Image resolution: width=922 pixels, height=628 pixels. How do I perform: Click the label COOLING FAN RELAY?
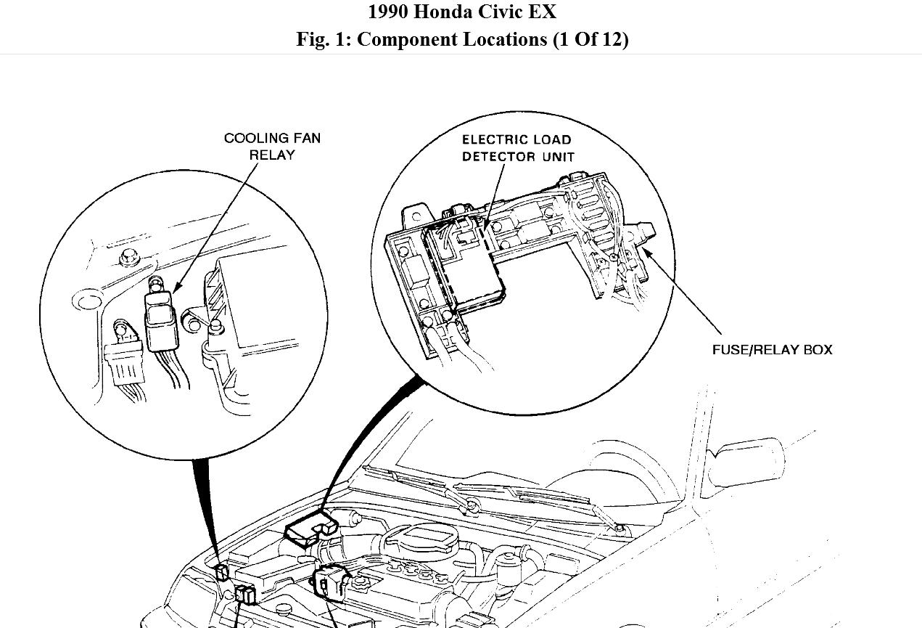click(271, 146)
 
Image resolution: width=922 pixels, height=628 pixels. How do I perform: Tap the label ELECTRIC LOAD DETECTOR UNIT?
click(517, 148)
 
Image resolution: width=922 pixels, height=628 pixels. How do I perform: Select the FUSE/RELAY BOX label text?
click(772, 350)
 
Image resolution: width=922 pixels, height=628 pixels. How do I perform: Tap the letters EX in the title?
click(544, 12)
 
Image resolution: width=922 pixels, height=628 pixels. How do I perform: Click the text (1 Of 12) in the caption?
click(590, 39)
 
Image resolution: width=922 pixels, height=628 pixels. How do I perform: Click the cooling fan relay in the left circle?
click(162, 319)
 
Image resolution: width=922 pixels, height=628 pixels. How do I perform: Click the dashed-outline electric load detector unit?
click(464, 265)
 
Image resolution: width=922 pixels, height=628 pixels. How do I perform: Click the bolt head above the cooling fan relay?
click(131, 256)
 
